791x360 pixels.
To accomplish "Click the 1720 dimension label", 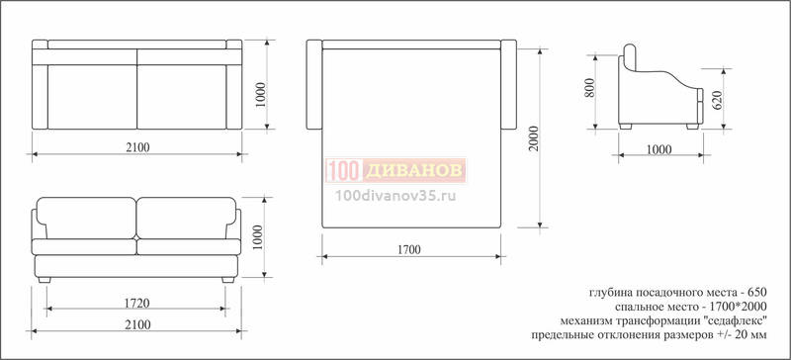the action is click(136, 303).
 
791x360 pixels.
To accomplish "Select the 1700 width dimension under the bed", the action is click(408, 249).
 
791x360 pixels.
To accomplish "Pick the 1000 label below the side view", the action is click(659, 149).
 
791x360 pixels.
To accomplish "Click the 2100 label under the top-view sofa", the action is click(137, 147).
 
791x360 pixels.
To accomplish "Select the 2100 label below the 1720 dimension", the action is click(137, 324).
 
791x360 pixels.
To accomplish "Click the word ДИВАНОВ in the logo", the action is click(413, 171).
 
